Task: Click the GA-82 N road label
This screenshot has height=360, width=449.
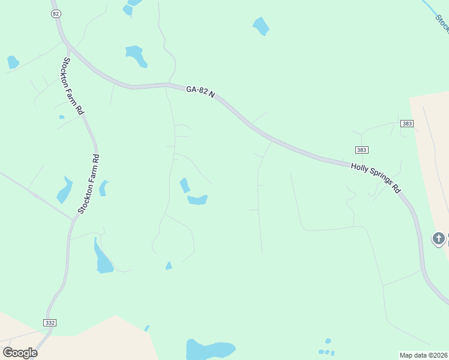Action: [200, 92]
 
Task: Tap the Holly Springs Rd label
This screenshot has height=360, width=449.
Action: [376, 178]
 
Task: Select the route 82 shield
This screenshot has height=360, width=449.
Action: [56, 13]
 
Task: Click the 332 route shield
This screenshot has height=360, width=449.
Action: [50, 322]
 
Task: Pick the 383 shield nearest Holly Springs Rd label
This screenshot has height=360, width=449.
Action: [361, 149]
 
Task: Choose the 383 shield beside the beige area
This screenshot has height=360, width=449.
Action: [407, 124]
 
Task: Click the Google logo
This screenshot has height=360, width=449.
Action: [20, 352]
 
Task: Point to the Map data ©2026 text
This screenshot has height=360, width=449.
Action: [424, 355]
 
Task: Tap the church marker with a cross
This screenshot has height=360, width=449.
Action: [439, 238]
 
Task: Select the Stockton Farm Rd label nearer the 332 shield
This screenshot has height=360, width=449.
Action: [88, 184]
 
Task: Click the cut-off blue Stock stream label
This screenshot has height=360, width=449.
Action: [442, 23]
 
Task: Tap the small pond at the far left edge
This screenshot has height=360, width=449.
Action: [13, 62]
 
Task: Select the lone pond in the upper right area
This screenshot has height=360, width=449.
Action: [261, 26]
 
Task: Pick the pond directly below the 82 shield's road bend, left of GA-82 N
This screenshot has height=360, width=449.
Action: [137, 56]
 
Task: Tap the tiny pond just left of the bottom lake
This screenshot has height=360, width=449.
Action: [147, 328]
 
